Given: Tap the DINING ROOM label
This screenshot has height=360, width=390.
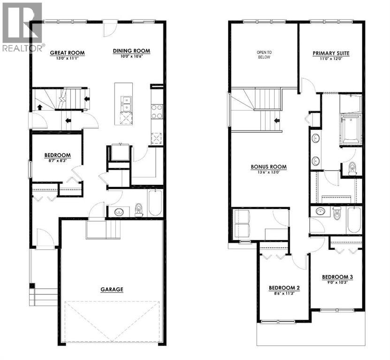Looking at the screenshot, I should click(x=131, y=51).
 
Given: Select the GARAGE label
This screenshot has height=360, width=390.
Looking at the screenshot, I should click(x=112, y=289).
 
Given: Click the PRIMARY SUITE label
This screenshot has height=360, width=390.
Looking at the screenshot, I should click(x=331, y=53).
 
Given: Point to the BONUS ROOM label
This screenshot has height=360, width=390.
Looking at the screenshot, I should click(x=268, y=166).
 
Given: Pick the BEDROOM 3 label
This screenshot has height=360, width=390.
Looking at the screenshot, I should click(x=337, y=277).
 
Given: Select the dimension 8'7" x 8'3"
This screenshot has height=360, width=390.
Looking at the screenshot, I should click(x=57, y=161).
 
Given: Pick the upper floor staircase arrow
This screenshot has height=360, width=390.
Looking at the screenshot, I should click(x=277, y=120).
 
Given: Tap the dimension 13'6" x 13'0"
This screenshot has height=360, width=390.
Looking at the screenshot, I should click(x=268, y=172).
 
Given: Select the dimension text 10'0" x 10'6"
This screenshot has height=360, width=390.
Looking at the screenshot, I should click(x=131, y=56).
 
